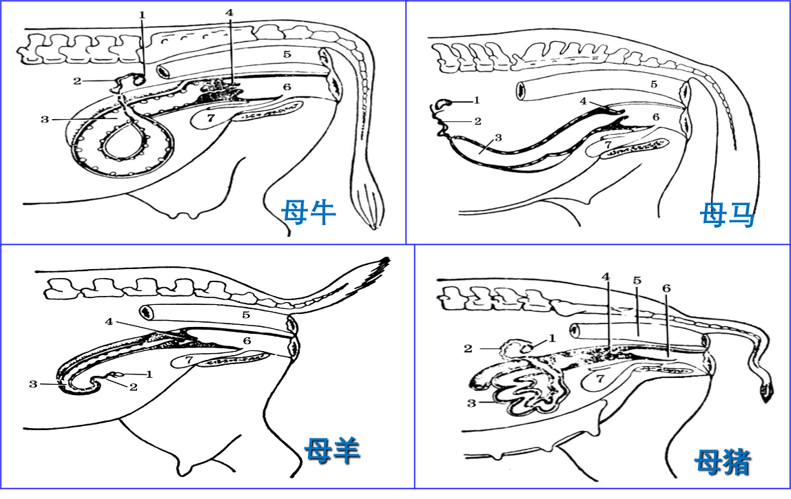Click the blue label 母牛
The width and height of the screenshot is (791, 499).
point(308,213)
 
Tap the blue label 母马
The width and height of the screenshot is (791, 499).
point(727,215)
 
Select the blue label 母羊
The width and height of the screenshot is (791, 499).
point(332,450)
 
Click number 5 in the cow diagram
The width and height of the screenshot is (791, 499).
point(287,54)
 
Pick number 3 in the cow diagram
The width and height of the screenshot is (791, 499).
point(45,120)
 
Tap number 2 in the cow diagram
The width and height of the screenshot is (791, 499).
point(76,81)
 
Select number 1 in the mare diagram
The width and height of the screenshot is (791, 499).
point(477,100)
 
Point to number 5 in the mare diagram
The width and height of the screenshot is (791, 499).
point(654,84)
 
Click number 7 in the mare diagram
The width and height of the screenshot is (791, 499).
point(609,145)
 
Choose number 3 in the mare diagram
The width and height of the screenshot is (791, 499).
point(498,138)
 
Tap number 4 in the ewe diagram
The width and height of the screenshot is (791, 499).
point(109,321)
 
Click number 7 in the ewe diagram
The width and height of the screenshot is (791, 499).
point(189,360)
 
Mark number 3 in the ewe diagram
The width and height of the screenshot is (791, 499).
point(33,384)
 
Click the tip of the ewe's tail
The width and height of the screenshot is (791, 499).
point(389,259)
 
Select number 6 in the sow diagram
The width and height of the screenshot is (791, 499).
point(666,288)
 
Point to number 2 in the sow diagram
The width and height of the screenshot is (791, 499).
point(468,348)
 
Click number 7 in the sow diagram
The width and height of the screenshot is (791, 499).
point(600,379)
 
